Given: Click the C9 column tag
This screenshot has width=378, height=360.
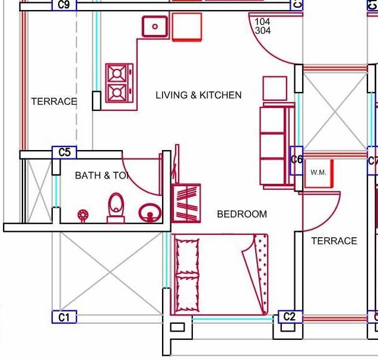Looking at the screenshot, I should [64, 5].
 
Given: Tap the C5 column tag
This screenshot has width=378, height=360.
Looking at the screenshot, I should [64, 152].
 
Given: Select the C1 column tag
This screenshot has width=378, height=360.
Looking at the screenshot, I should [64, 317].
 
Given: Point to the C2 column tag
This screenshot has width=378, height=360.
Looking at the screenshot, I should [289, 317].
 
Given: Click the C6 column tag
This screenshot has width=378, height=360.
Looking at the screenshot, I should [297, 160].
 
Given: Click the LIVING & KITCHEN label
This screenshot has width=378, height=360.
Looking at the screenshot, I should [198, 95].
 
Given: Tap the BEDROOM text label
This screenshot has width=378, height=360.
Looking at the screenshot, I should [242, 214].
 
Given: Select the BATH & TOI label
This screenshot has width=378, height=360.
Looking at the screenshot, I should [101, 176].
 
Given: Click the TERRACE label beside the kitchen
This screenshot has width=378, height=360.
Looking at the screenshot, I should [54, 101].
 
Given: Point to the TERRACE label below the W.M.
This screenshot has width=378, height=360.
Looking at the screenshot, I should [334, 241].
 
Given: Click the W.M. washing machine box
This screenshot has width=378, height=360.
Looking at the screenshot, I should [319, 173].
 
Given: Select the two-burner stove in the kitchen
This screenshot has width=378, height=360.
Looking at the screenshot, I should [117, 82].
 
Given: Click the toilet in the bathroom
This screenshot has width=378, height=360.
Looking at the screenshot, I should [116, 207].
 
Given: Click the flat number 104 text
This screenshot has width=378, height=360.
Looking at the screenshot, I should [262, 22].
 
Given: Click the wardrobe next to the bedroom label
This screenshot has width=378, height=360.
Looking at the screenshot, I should [186, 202].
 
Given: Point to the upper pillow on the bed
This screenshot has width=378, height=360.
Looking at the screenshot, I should [188, 254].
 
